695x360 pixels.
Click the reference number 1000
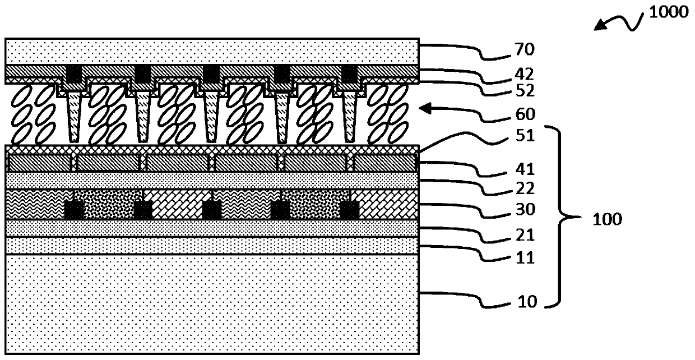click(x=669, y=12)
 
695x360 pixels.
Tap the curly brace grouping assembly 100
click(x=566, y=218)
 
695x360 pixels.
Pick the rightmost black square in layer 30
click(x=350, y=210)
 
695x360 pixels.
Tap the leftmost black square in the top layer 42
click(x=74, y=73)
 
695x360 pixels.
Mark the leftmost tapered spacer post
click(x=73, y=118)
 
